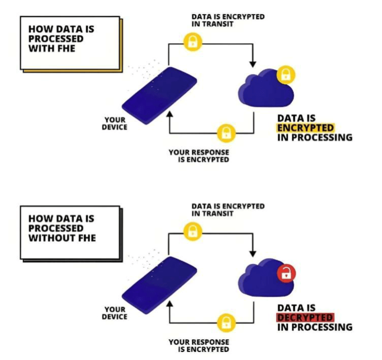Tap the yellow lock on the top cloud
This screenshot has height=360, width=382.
coord(286,76)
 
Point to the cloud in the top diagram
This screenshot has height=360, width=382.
coord(263,91)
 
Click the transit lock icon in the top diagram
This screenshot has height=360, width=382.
coord(192,42)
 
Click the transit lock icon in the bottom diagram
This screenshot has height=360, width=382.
coord(192,232)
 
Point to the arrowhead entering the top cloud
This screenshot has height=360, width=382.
coord(253,64)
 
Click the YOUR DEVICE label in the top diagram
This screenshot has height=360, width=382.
coord(115,123)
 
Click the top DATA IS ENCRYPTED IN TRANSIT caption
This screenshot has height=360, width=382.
coord(228,20)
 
